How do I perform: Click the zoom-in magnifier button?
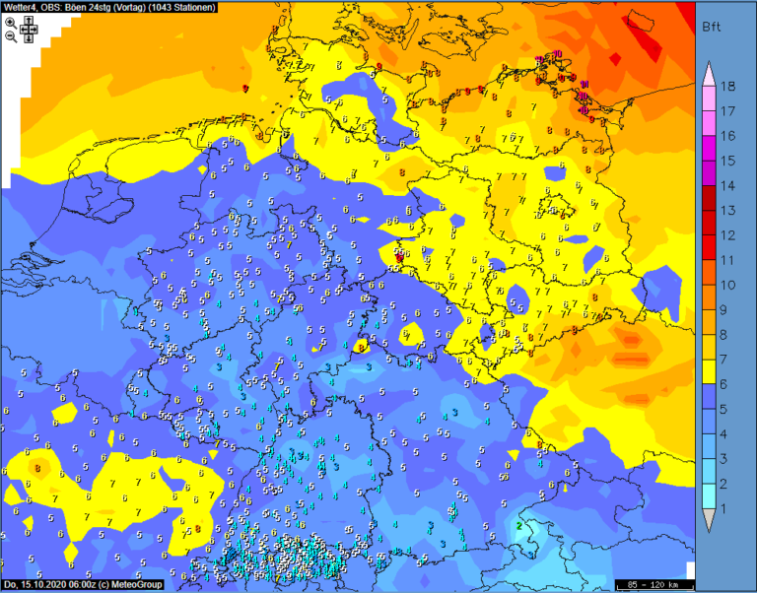10,22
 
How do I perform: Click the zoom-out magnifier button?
10,35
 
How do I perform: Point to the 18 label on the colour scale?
728,86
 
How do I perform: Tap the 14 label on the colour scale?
728,185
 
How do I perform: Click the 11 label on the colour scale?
728,260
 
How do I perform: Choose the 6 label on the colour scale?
728,384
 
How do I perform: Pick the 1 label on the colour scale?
728,508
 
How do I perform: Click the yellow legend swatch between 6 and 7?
708,371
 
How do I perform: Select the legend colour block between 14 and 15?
708,172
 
